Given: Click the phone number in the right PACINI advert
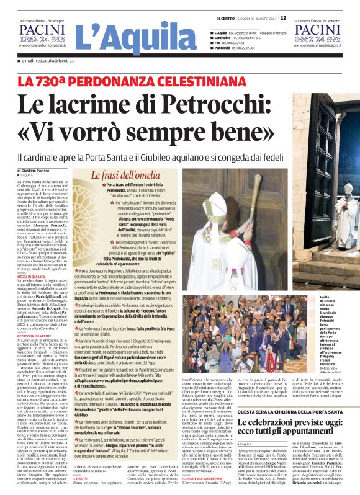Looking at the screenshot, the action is [318, 39].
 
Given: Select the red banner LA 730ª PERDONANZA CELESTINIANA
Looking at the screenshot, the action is [102, 81].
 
